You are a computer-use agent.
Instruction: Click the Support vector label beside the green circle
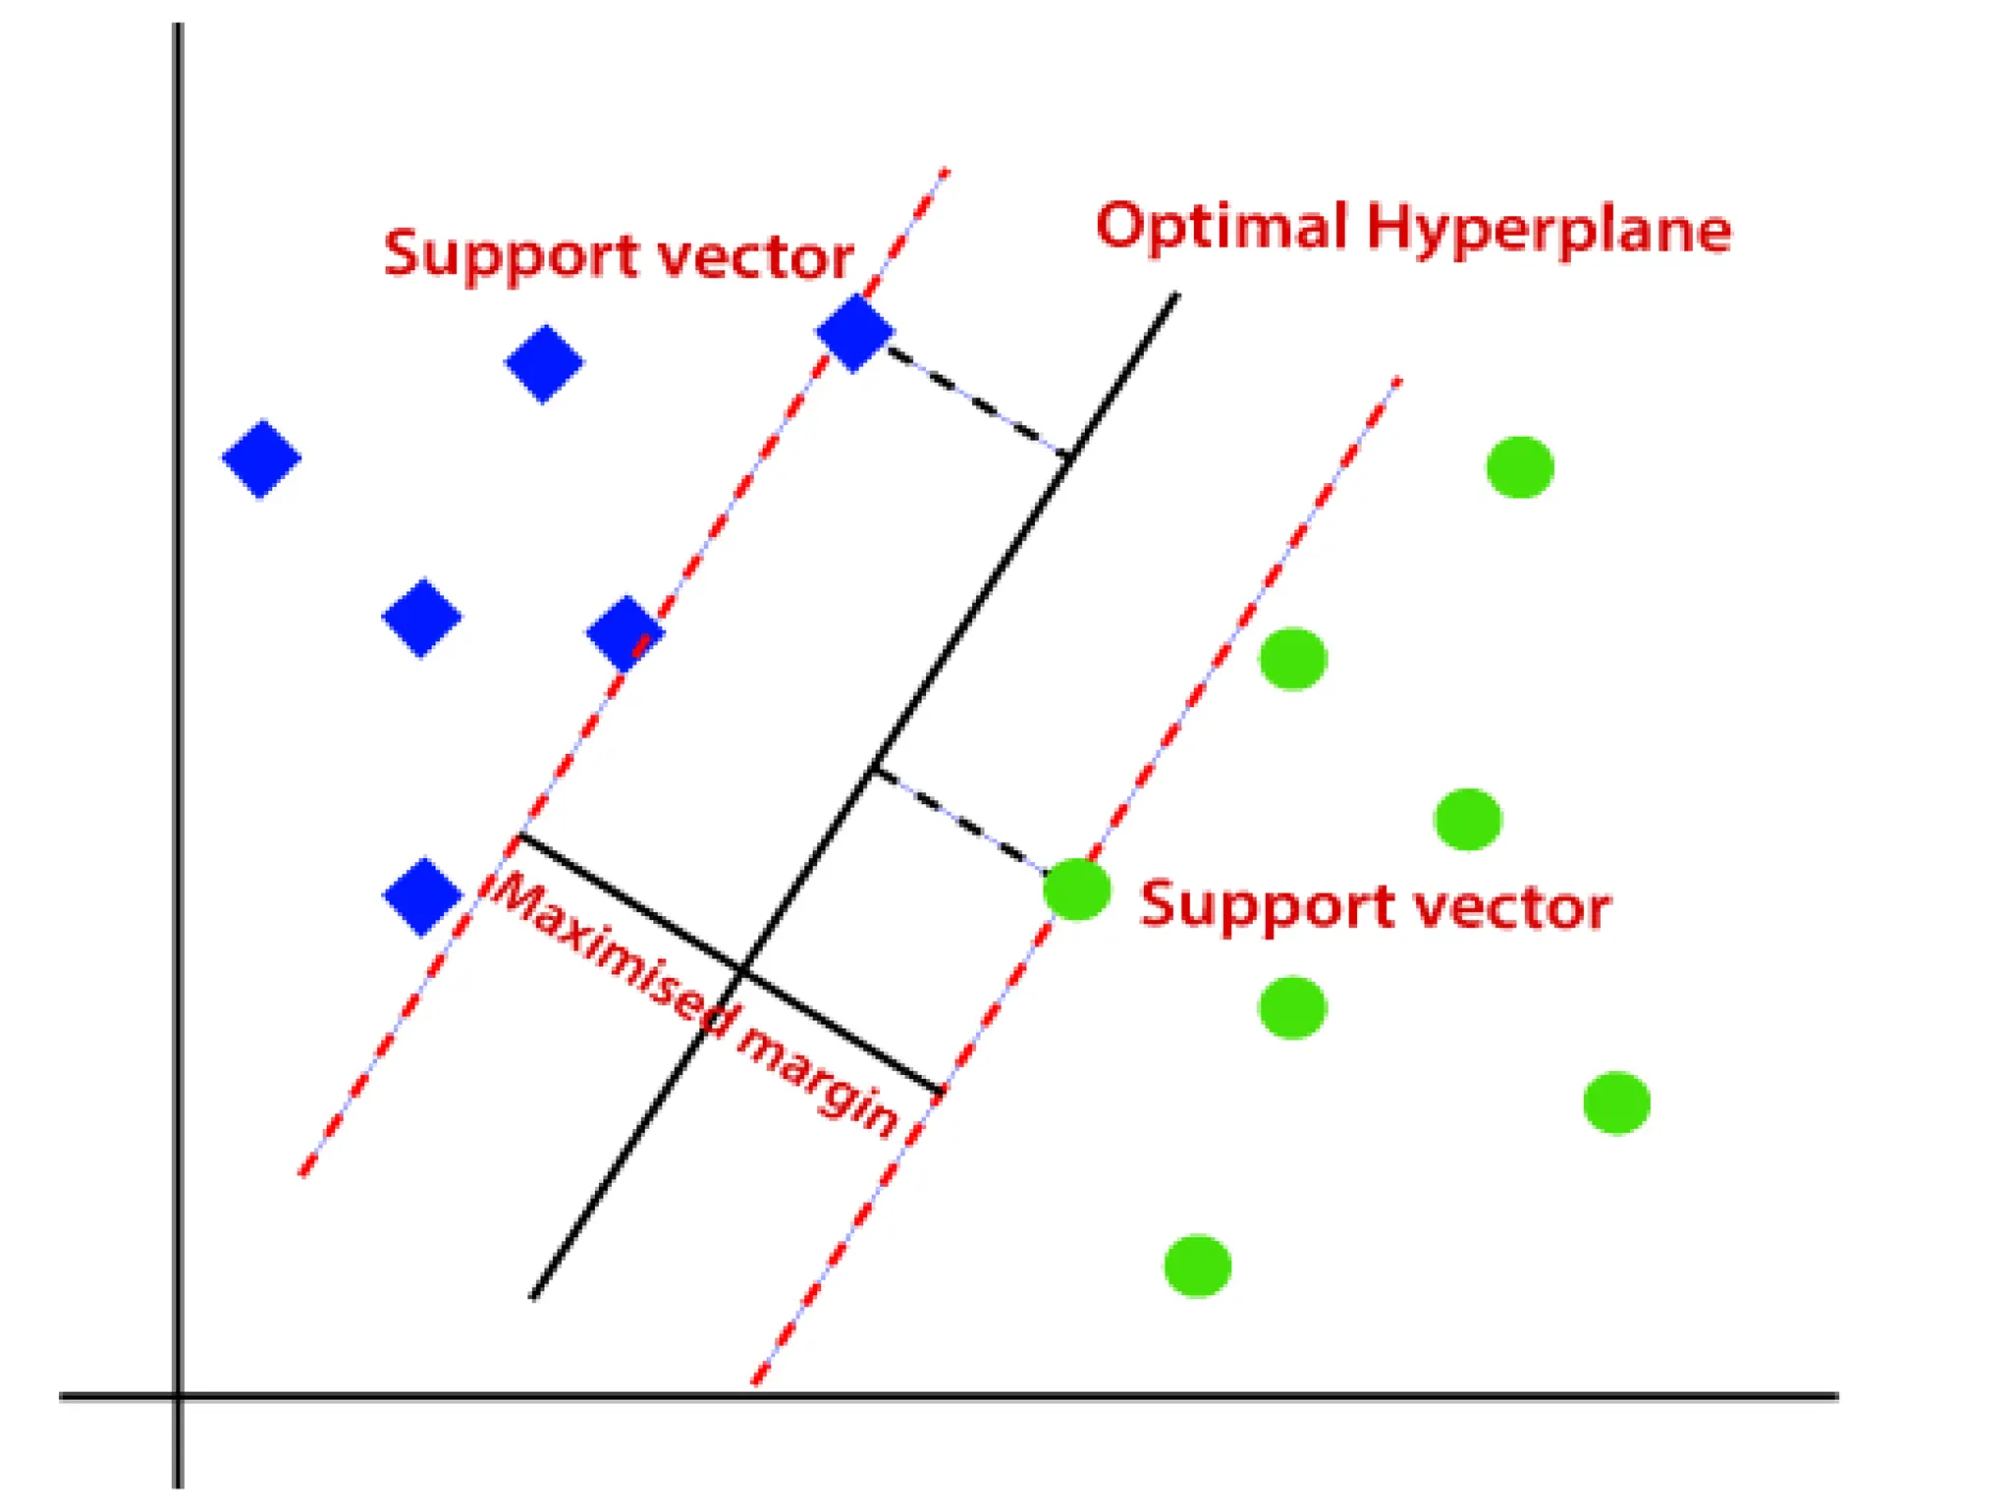1375,905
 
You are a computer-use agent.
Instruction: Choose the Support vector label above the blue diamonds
619,255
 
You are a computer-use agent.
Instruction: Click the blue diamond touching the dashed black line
854,333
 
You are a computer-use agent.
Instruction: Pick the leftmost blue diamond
261,458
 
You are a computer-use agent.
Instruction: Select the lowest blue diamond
422,895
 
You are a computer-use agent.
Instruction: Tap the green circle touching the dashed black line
1076,889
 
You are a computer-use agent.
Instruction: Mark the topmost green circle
1519,467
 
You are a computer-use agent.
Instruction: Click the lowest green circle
1197,1266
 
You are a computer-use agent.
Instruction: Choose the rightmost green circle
1616,1103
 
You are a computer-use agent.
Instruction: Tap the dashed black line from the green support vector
957,820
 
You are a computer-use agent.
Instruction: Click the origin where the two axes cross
178,1395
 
